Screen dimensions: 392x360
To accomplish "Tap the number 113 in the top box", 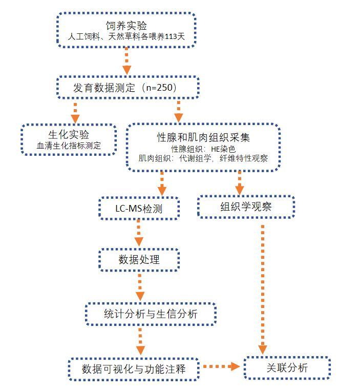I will coord(166,37).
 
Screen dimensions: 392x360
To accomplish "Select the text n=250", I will coord(160,88).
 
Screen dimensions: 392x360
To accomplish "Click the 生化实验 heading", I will coord(69,135).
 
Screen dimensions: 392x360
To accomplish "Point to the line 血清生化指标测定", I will coord(69,146).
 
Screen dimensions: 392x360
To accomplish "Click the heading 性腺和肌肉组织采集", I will coord(203,137).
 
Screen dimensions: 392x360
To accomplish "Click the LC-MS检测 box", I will coord(139,209).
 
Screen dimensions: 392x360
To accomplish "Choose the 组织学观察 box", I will coord(246,207).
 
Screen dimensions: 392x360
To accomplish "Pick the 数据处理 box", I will coord(139,259).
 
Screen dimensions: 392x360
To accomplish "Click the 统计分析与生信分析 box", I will coord(150,314).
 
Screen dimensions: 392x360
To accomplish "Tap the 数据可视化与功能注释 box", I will coord(133,368).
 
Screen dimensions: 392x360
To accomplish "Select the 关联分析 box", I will coord(287,367).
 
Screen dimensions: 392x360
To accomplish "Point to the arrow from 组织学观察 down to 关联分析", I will coord(263,287).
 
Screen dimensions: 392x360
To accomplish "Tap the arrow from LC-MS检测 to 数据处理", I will coord(138,234).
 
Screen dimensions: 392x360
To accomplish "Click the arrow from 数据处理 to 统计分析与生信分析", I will coord(139,287).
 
